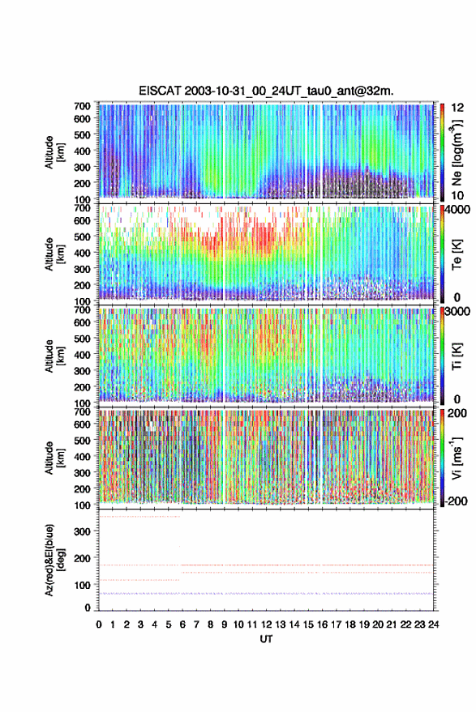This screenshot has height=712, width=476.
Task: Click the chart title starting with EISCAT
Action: (266, 91)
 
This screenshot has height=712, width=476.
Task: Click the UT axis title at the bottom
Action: (266, 639)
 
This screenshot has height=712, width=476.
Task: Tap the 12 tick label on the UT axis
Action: (266, 625)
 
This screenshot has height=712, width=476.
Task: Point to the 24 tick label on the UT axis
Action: (433, 625)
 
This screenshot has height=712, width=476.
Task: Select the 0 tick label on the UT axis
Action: (99, 625)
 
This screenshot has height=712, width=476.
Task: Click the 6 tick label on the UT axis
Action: (182, 625)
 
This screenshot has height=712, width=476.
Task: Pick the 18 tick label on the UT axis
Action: (349, 625)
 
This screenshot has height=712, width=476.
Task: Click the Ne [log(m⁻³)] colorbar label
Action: (457, 152)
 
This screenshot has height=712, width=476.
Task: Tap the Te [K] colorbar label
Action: (457, 254)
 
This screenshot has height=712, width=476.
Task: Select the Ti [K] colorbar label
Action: (457, 356)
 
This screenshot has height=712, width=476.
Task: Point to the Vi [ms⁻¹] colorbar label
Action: (457, 458)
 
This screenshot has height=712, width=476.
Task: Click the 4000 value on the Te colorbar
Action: (457, 211)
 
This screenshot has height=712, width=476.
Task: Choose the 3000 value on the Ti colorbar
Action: (457, 312)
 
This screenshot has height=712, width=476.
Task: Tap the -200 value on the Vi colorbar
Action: (455, 501)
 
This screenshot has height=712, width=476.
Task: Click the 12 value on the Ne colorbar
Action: (457, 108)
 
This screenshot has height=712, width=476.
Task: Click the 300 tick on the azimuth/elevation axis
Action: (82, 531)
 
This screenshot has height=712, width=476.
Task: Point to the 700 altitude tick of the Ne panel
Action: (82, 106)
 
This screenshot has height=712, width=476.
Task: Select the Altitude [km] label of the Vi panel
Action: (54, 458)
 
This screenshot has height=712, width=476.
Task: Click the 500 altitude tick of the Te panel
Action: (82, 237)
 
